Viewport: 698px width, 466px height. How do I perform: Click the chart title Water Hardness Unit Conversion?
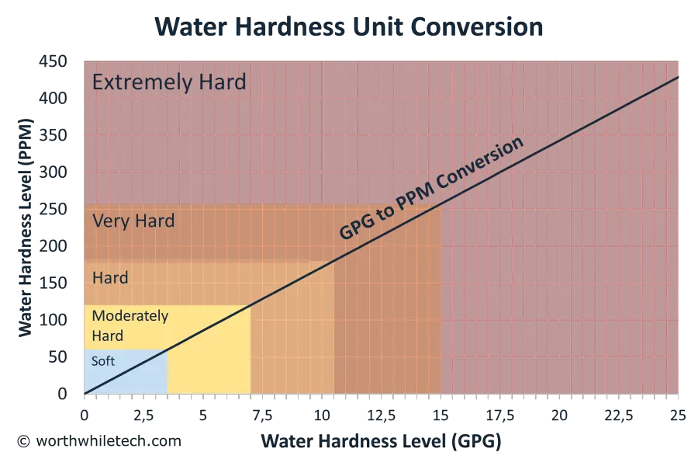tap(349, 26)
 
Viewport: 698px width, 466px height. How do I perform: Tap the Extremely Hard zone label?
tap(169, 82)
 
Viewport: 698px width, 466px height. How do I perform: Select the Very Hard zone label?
tap(133, 221)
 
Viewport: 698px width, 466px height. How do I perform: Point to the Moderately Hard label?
tap(130, 326)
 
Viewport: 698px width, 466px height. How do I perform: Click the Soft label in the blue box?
tap(103, 361)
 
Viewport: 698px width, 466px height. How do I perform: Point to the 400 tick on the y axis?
tap(61, 99)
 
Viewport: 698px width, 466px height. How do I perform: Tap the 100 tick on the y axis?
tap(61, 320)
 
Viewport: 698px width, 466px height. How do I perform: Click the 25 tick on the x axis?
tap(679, 416)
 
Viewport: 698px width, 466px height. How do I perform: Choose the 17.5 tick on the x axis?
tap(499, 416)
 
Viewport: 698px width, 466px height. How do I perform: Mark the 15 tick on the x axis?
tap(441, 416)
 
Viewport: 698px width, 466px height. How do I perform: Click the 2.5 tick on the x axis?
tap(141, 416)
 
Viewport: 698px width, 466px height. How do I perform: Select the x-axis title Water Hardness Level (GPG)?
tap(381, 442)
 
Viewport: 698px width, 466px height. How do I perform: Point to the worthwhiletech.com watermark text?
tap(99, 441)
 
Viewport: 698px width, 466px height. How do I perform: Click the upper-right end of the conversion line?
tap(680, 76)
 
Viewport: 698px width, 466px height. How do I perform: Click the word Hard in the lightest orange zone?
tap(110, 277)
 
